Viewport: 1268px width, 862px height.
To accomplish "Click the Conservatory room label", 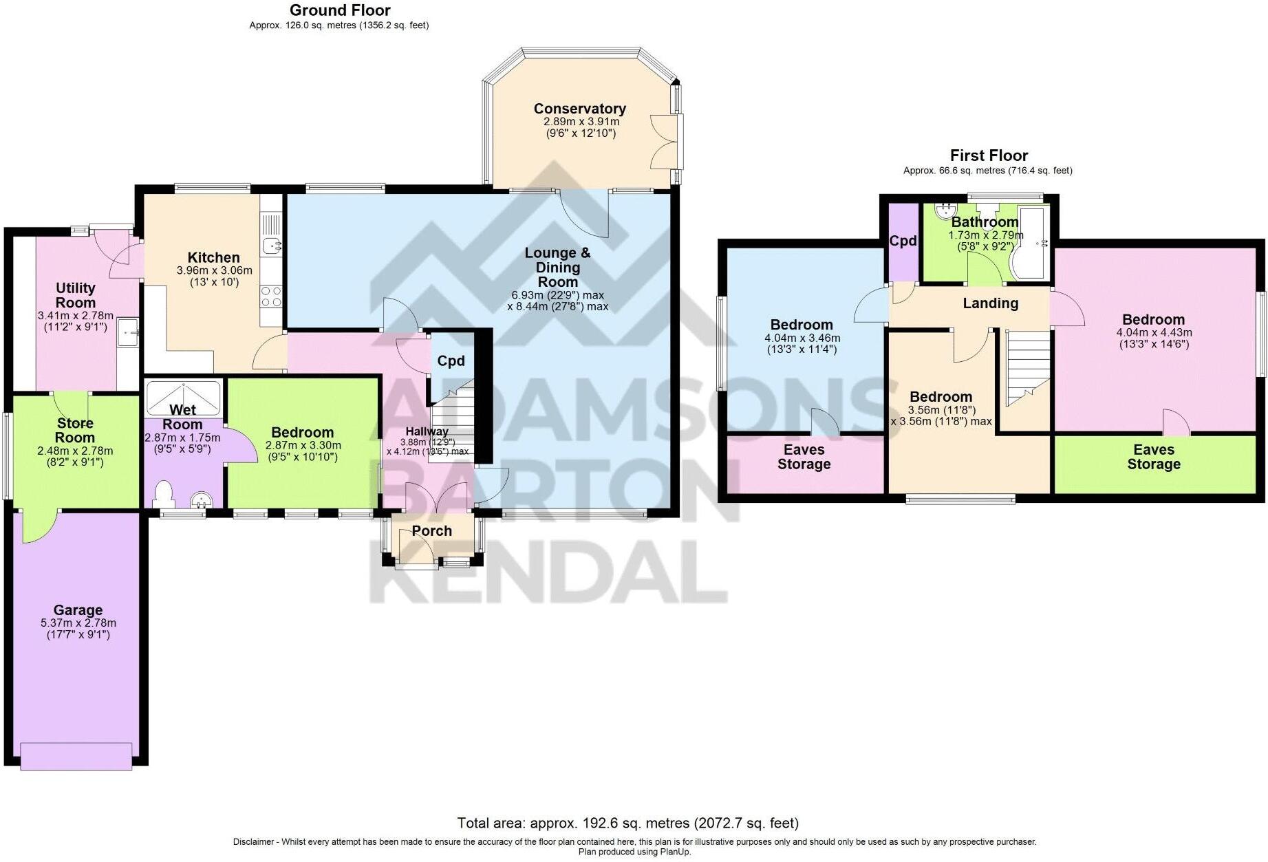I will [x=579, y=109].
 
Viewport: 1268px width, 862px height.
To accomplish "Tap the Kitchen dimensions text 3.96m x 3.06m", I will [x=214, y=270].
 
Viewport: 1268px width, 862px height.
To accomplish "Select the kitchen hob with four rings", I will [x=271, y=297].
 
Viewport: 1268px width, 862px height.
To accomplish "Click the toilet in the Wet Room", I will [x=164, y=495].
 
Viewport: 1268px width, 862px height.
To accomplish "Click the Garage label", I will [x=78, y=610].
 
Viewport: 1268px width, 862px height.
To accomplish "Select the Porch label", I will [x=431, y=531].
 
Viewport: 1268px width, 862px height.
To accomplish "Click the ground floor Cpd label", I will [x=451, y=361].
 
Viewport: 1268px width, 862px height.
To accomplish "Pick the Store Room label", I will [x=75, y=431].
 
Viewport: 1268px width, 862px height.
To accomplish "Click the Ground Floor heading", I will [x=339, y=10].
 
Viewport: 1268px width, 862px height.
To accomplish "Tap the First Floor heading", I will [x=988, y=155].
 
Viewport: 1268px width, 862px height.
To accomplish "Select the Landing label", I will [x=989, y=303].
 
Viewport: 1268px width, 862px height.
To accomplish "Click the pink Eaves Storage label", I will [x=804, y=457].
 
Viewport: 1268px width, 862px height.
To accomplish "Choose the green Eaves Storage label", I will [x=1153, y=457].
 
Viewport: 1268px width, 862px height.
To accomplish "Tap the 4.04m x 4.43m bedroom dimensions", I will [x=1153, y=333].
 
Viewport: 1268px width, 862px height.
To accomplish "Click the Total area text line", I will [x=627, y=823].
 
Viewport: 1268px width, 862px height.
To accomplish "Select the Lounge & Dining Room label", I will [x=557, y=267].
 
